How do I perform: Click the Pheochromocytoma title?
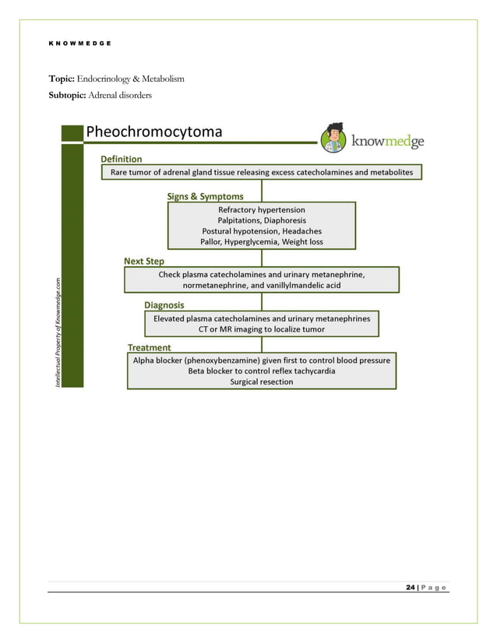[x=153, y=132]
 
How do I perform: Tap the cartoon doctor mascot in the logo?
[x=335, y=139]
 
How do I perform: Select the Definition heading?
[x=122, y=159]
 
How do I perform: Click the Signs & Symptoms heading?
[x=205, y=196]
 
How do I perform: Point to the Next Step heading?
[x=144, y=261]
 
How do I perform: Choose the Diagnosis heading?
[x=164, y=305]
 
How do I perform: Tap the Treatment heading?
[x=149, y=347]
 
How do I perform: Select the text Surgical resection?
[x=262, y=381]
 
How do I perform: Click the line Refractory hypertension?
[x=262, y=209]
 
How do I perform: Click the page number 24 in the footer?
[x=410, y=587]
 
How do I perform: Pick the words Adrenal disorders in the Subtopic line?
[x=125, y=94]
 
